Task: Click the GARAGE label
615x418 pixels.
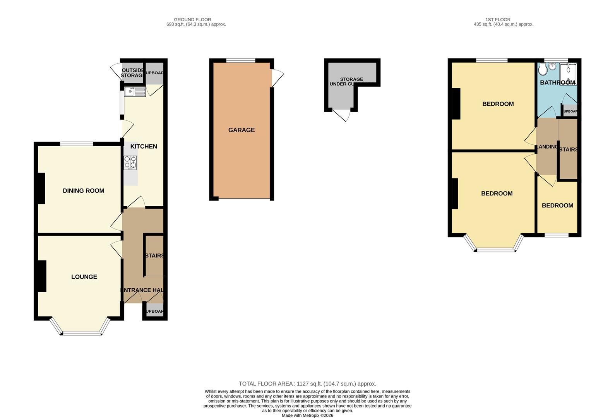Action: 241,130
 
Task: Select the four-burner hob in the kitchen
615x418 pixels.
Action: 130,162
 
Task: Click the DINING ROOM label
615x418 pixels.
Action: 83,190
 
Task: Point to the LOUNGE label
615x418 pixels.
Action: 84,277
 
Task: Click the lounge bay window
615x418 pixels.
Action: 82,332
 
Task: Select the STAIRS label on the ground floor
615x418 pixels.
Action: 154,256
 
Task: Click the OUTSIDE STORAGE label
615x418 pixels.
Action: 132,73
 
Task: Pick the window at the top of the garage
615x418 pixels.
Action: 241,60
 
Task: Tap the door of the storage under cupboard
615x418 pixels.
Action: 343,115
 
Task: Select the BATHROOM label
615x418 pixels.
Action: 557,82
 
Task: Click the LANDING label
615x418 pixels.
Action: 547,147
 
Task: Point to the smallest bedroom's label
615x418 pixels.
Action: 557,206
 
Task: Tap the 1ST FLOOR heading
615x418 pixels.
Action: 498,19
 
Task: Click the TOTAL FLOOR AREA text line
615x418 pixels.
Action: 307,384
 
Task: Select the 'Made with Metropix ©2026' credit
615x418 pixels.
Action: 307,415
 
